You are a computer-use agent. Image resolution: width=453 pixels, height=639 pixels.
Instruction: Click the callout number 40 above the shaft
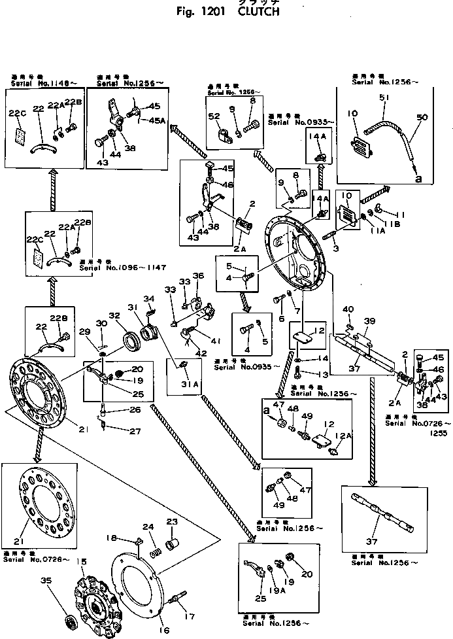(348, 310)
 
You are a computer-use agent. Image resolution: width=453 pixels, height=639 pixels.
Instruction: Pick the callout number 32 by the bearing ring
(114, 315)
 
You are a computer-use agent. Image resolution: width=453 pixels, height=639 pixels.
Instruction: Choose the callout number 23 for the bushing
(172, 521)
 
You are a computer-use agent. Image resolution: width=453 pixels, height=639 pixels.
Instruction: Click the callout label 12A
(341, 436)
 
